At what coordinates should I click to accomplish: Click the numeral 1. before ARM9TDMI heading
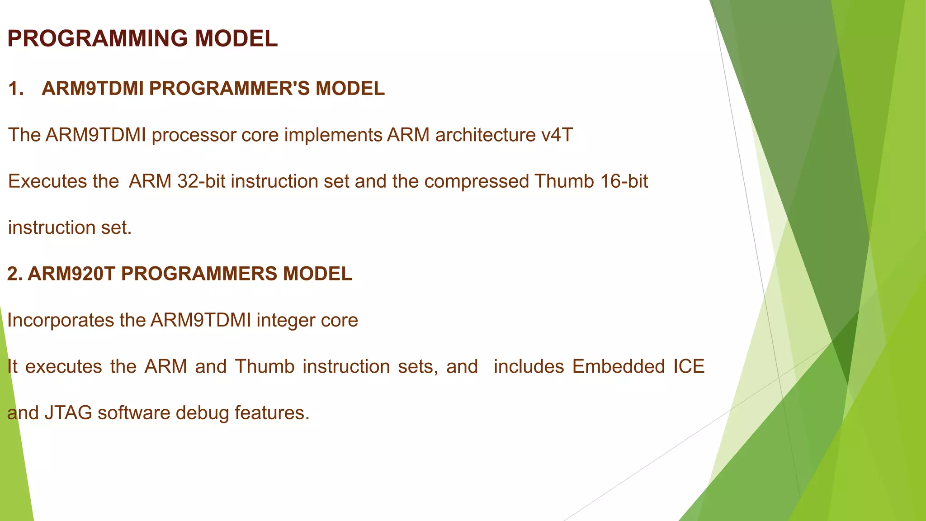point(16,89)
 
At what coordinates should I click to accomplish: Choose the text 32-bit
point(201,181)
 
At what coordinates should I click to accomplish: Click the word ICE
point(689,366)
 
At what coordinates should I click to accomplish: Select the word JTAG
point(68,413)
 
